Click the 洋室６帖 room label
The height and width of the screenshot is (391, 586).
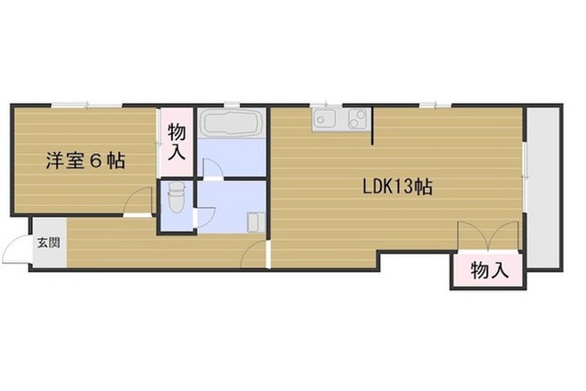pos(85,161)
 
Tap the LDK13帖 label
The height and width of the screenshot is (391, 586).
pos(397,186)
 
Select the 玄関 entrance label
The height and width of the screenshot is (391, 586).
pos(49,243)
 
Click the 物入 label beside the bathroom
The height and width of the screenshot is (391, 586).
pos(177,142)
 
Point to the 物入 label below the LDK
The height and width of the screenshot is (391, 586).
pos(490,270)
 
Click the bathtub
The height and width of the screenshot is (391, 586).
pos(231,124)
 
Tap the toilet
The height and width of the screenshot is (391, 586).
pos(176,197)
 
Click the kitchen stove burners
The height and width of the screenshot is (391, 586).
pos(358,118)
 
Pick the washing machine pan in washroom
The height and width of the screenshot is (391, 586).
pos(256,223)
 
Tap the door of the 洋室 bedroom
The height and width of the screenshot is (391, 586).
pos(139,201)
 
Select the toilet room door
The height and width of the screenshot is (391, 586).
pos(205,217)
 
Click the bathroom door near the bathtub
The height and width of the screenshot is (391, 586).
pos(212,168)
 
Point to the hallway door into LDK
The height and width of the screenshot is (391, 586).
pos(255,255)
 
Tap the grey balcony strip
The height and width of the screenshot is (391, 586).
pos(543,188)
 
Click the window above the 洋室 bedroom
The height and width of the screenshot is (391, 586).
pos(87,105)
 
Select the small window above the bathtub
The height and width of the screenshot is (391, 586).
pos(232,105)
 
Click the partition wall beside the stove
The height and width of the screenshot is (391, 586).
pos(373,125)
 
